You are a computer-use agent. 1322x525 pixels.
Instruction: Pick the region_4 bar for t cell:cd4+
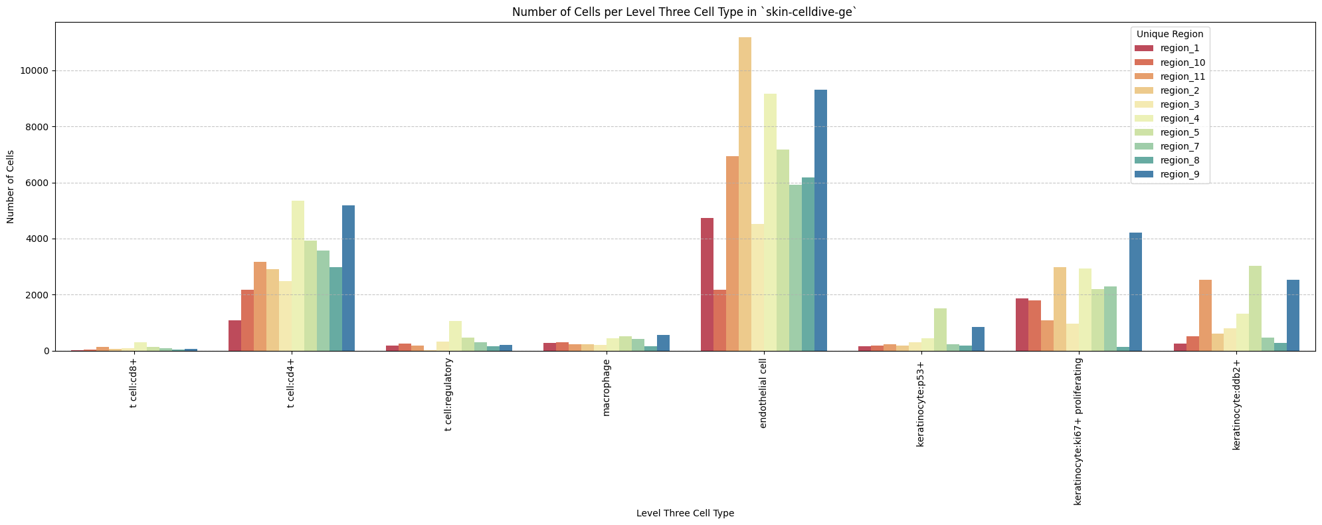pyautogui.click(x=298, y=276)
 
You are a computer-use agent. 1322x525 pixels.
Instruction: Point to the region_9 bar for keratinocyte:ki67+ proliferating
pyautogui.click(x=1135, y=292)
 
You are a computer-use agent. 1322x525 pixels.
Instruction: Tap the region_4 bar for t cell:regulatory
pyautogui.click(x=455, y=336)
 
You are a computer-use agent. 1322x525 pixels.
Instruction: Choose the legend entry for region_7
pyautogui.click(x=1179, y=146)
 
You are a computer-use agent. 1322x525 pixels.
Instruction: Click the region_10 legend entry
pyautogui.click(x=1182, y=62)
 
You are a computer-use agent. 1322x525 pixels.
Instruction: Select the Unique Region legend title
pyautogui.click(x=1170, y=33)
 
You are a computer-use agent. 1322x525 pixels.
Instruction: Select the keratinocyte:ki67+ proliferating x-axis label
pyautogui.click(x=1078, y=431)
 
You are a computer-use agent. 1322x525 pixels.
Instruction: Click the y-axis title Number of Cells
pyautogui.click(x=11, y=187)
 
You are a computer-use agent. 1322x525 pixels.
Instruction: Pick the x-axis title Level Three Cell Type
pyautogui.click(x=685, y=513)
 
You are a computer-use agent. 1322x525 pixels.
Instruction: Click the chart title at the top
pyautogui.click(x=685, y=12)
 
